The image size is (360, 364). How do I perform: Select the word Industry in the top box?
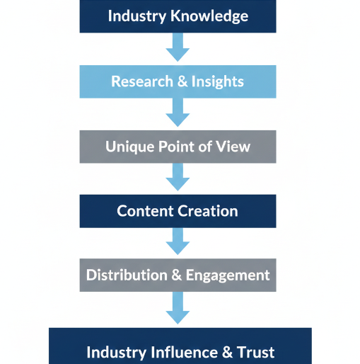coord(138,16)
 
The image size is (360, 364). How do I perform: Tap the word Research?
coord(140,81)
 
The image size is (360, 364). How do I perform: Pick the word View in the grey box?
coord(234,147)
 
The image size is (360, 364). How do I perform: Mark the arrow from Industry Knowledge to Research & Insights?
coord(178,47)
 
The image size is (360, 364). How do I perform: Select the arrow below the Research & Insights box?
coord(178,112)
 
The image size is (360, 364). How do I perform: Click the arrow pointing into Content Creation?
coord(178,176)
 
